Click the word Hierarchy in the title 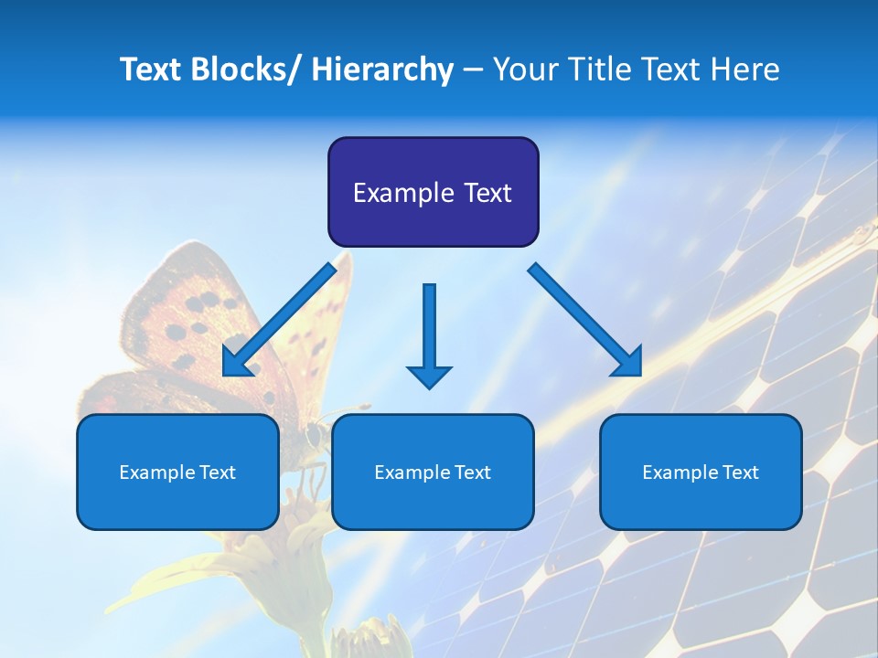click(382, 69)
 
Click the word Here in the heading click(745, 69)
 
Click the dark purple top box click(433, 192)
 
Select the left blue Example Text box click(177, 472)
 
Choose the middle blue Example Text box click(433, 472)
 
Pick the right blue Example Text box click(701, 472)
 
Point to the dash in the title click(473, 69)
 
